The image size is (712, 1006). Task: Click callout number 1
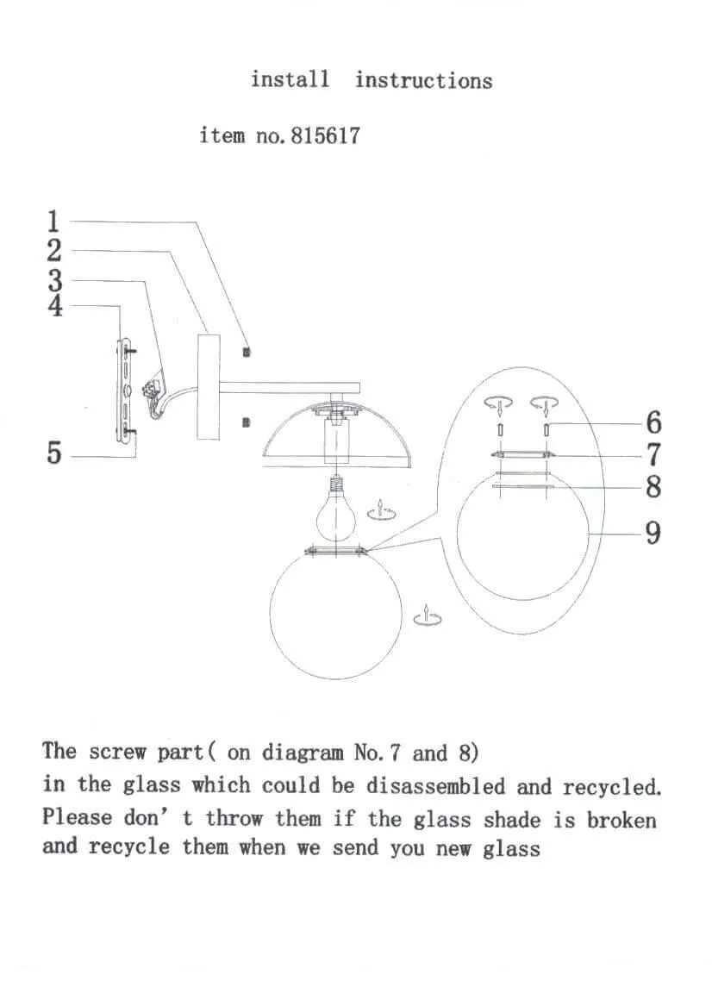(x=53, y=222)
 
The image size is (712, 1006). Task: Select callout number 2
(x=53, y=251)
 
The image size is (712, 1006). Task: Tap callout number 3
(x=54, y=280)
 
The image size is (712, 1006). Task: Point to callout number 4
(x=54, y=306)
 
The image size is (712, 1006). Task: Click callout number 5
(x=53, y=453)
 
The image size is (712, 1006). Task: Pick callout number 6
(x=653, y=422)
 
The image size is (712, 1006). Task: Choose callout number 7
(x=653, y=453)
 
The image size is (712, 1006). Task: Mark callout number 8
(x=653, y=487)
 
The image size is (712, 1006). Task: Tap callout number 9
(x=653, y=533)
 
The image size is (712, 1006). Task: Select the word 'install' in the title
(x=290, y=79)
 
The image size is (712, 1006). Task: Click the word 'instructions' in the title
(x=423, y=80)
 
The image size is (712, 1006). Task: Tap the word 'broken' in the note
(x=621, y=819)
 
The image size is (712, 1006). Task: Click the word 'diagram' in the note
(x=302, y=753)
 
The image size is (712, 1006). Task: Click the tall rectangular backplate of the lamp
(x=209, y=386)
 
